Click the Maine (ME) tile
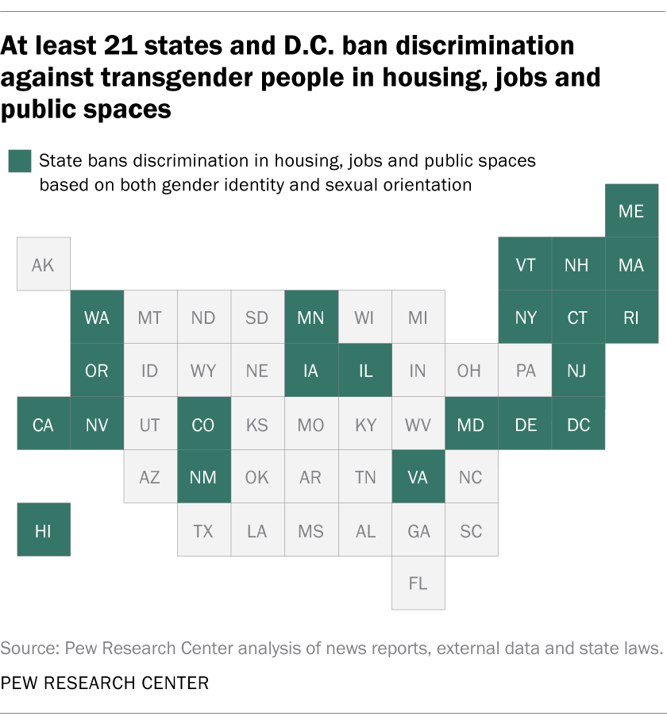point(631,210)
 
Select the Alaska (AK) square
point(43,264)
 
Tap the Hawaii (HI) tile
point(43,530)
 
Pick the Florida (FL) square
point(418,583)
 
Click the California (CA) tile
point(43,424)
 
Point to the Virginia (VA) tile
point(418,477)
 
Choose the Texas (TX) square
point(203,530)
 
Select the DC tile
point(579,424)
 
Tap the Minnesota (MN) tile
point(310,318)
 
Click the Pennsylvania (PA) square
point(526,371)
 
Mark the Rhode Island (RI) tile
point(631,318)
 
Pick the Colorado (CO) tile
point(203,424)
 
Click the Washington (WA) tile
point(97,318)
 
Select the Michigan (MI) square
point(418,318)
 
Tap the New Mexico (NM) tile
point(203,477)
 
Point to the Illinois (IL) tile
point(364,371)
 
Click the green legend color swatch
point(20,162)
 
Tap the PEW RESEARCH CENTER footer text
point(105,683)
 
